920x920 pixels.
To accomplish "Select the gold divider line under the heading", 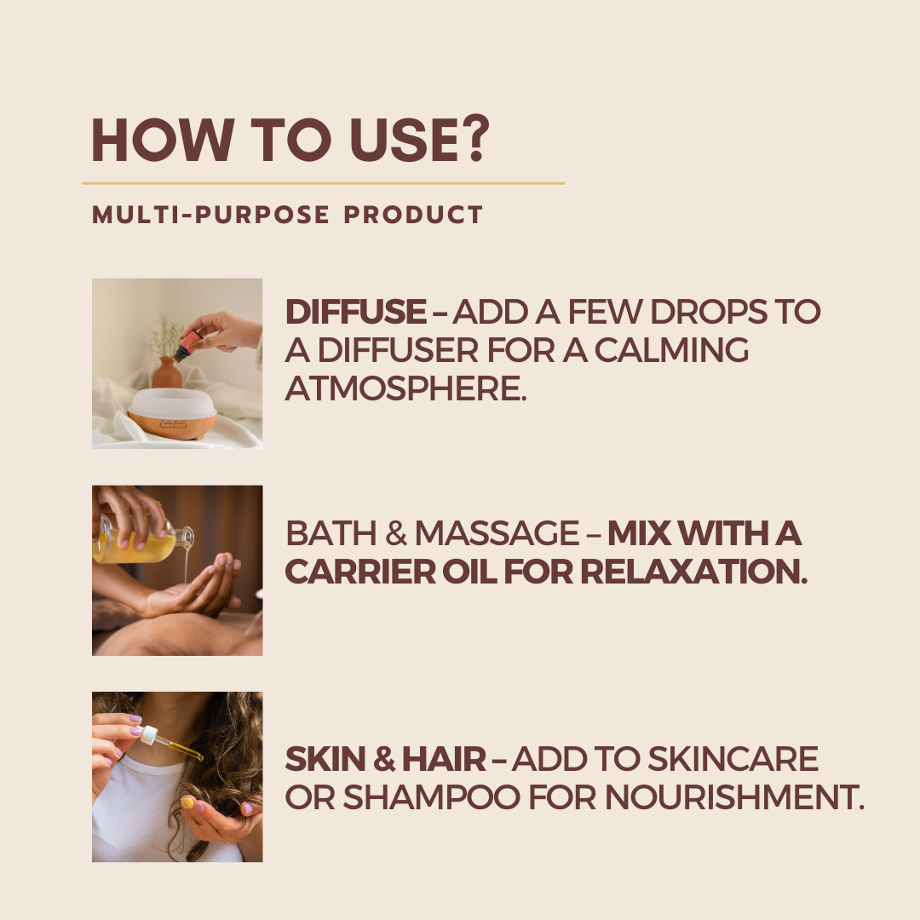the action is point(324,184).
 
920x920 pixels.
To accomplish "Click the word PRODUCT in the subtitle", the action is point(413,215).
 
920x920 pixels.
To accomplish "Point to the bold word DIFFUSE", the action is point(355,312).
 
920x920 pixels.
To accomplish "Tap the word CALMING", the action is point(671,350).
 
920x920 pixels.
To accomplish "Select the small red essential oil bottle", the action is point(187,346).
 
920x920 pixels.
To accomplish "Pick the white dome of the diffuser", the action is point(172,404).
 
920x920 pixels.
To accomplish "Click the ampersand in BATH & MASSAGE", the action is point(396,533).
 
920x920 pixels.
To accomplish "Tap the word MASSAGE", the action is point(497,533).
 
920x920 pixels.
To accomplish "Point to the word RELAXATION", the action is point(693,572).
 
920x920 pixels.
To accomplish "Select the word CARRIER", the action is point(360,572).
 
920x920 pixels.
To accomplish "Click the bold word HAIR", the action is point(444,759).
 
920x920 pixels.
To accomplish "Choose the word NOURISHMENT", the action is point(734,797).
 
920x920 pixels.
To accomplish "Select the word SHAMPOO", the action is point(431,797).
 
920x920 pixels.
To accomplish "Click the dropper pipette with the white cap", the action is point(170,743).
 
